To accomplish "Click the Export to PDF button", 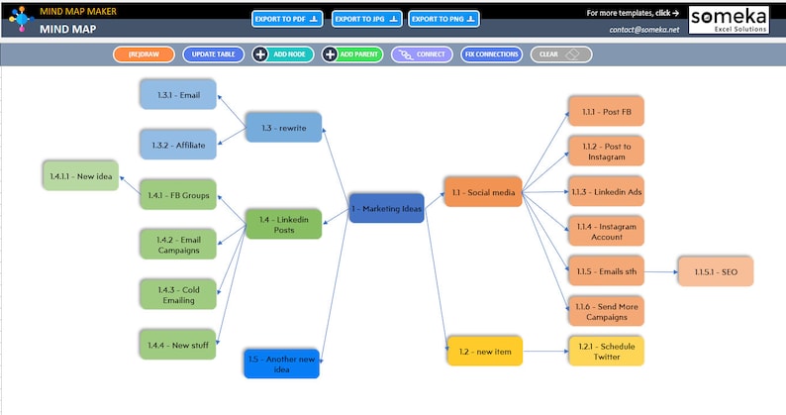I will (x=288, y=18).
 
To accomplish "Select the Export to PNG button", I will (x=443, y=18).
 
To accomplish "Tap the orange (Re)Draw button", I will (x=144, y=54).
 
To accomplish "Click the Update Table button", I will (x=214, y=54).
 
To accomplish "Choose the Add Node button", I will (x=281, y=54).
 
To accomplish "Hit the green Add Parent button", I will (x=352, y=54).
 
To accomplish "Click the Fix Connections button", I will (x=491, y=54).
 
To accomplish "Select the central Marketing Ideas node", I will (x=386, y=208).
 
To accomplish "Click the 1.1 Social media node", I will (x=482, y=191).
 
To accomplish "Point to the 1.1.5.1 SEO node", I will (x=715, y=271).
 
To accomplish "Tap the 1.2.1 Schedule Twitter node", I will (x=606, y=351).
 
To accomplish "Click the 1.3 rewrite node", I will (x=284, y=128).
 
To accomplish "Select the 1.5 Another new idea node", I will (x=282, y=363).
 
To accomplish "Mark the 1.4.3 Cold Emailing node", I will (x=177, y=294).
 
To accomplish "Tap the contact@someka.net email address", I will (x=644, y=30).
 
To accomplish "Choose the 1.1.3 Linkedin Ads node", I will (x=606, y=191).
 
